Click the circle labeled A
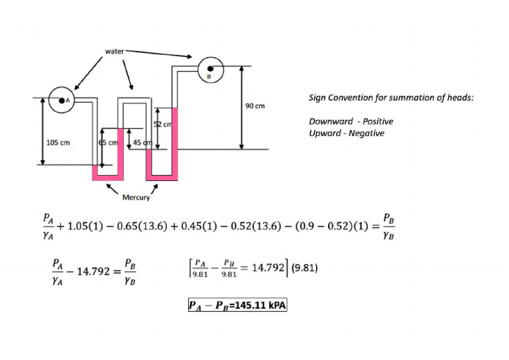click(65, 101)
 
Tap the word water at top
click(115, 50)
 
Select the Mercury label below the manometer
click(136, 197)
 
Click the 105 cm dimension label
click(58, 142)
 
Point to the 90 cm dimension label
click(255, 106)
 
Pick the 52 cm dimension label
click(163, 125)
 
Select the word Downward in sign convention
click(329, 121)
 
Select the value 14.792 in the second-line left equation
click(97, 271)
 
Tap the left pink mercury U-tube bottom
click(108, 178)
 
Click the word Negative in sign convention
click(367, 133)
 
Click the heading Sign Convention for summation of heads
click(391, 98)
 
